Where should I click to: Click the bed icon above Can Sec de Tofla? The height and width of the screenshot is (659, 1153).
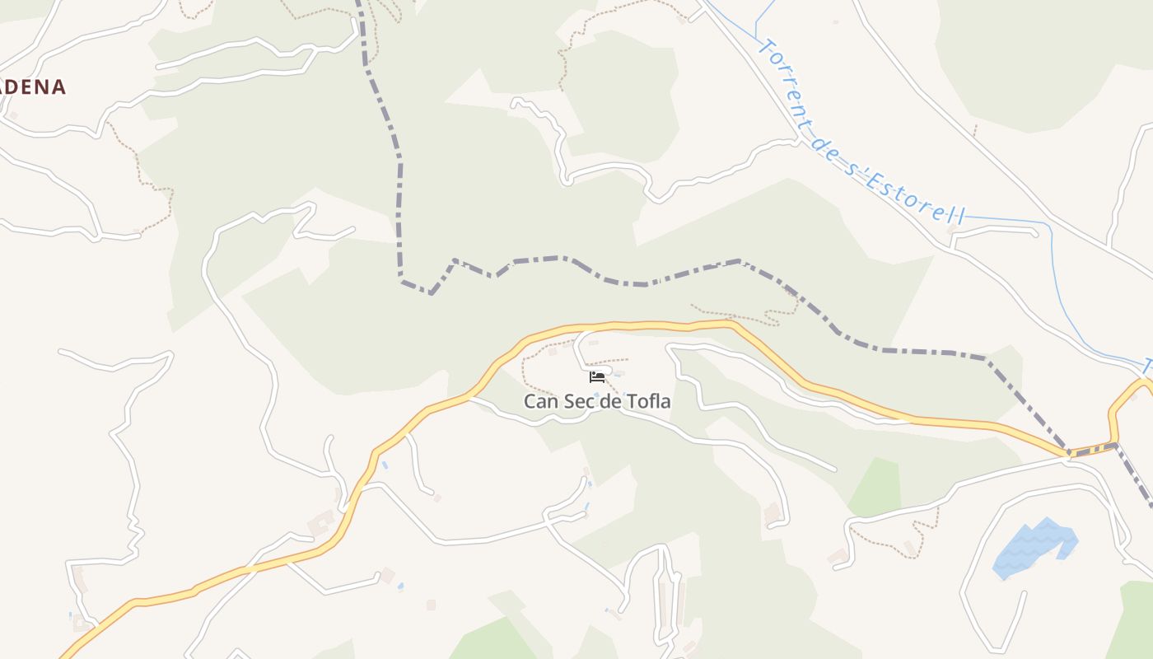click(597, 377)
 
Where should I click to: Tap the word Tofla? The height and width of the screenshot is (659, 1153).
click(649, 402)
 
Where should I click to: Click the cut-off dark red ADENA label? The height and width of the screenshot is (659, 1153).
click(32, 86)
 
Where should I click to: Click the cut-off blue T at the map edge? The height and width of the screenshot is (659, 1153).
click(1147, 366)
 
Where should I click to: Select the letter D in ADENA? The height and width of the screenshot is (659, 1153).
click(23, 86)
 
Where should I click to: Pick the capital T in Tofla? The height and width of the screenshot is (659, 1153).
click(632, 402)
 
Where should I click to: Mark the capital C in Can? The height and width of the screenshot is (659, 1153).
click(530, 402)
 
